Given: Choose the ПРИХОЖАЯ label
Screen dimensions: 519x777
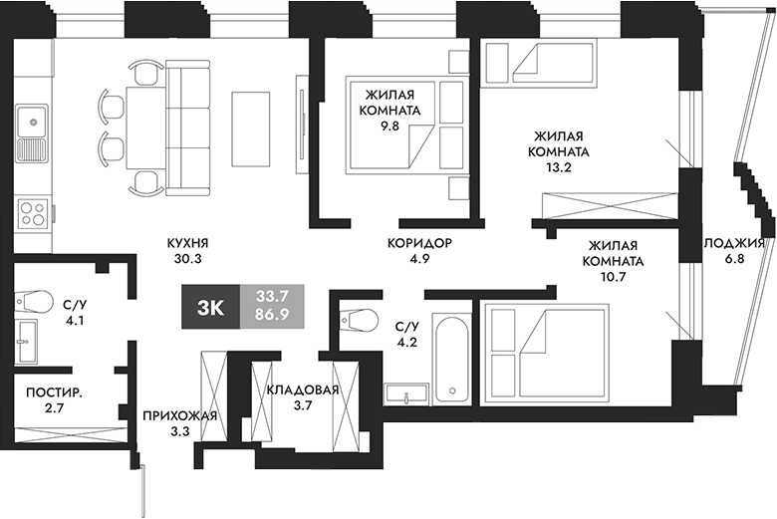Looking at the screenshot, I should tap(179, 415).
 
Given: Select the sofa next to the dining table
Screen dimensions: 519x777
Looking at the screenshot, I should tap(185, 125).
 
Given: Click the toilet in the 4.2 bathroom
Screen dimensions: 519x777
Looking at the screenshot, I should tap(358, 319).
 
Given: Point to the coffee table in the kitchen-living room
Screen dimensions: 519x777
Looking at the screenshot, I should tap(249, 129).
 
